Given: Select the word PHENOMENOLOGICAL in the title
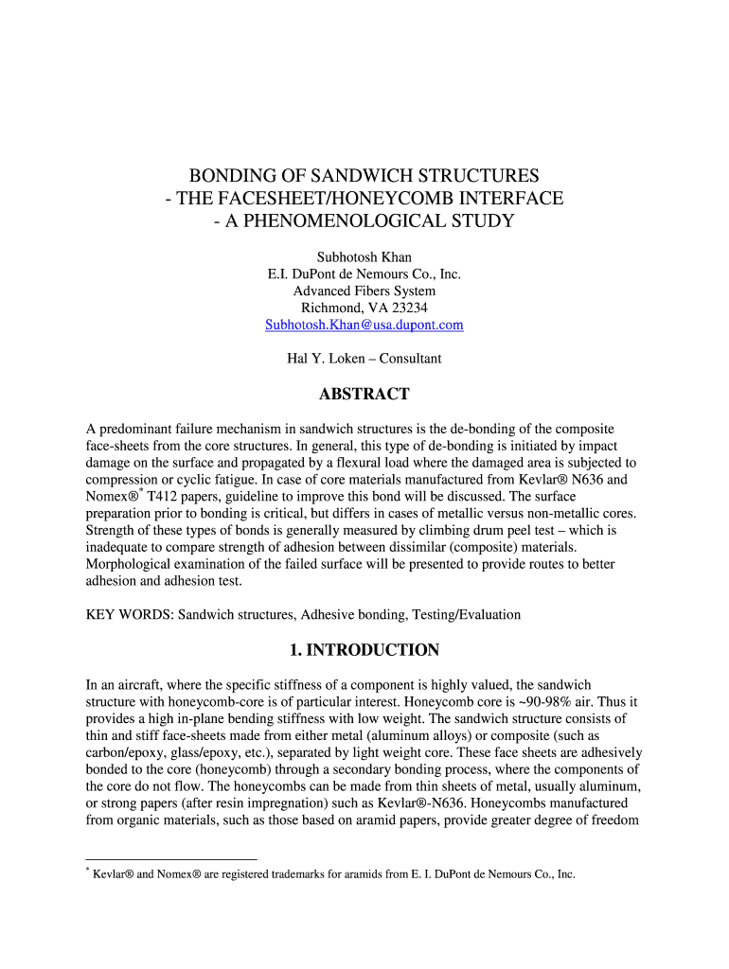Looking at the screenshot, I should (x=387, y=221).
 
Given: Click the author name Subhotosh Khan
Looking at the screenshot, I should (x=364, y=257).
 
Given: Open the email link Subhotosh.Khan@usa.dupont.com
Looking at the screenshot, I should (x=364, y=325).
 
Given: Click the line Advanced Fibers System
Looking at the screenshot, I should (x=364, y=291).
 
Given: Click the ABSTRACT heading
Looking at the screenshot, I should (x=364, y=395).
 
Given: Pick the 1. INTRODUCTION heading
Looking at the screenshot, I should (x=364, y=650).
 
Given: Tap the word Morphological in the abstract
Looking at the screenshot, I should (x=128, y=564).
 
